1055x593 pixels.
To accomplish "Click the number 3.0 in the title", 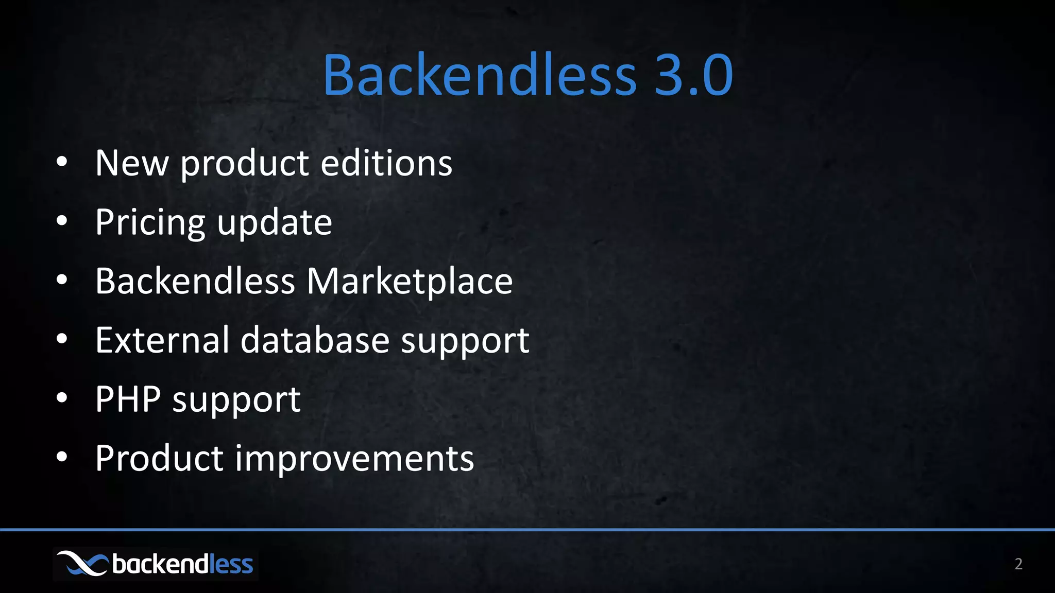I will pos(693,75).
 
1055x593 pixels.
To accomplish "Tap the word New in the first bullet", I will pos(132,163).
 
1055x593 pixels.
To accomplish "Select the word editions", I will pos(386,163).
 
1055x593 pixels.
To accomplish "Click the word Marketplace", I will pos(410,282).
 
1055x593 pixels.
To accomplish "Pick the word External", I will pos(162,340).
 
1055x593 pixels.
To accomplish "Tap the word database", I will pos(315,340).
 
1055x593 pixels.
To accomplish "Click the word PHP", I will pos(128,399).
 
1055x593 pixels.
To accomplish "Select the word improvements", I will pos(354,458).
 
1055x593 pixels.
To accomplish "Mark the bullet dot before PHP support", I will pos(62,398).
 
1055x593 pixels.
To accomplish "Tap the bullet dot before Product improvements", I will pos(62,457).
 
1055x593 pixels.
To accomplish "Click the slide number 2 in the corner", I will pos(1018,564).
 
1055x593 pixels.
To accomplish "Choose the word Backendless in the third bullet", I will pos(195,282).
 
